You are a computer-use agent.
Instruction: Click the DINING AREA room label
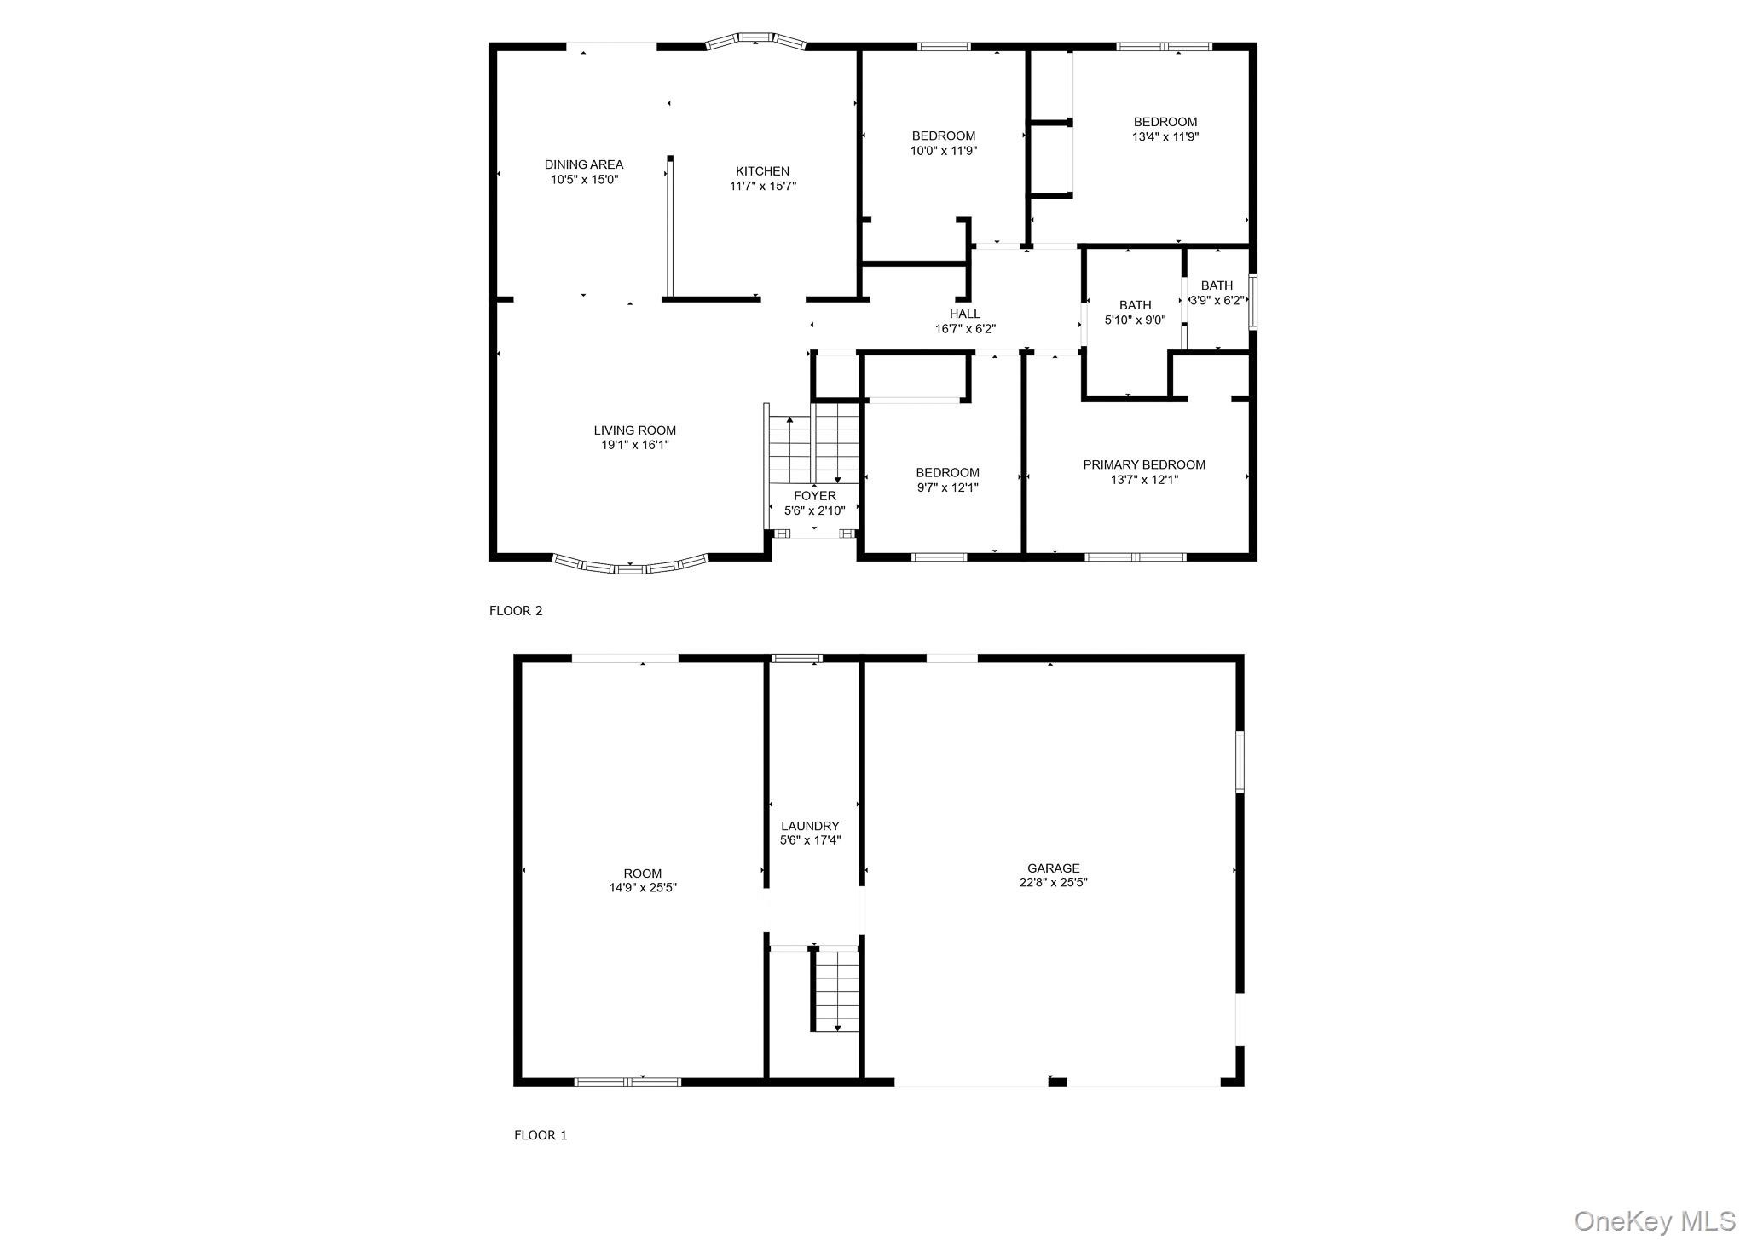(x=584, y=164)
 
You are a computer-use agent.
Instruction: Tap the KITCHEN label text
(x=762, y=171)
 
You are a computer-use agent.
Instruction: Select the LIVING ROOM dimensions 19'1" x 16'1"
(x=635, y=445)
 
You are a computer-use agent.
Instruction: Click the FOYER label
(x=814, y=496)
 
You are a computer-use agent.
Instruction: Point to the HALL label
(x=965, y=314)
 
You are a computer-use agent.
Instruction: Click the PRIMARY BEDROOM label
(x=1144, y=464)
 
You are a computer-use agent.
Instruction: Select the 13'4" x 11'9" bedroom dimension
(x=1165, y=136)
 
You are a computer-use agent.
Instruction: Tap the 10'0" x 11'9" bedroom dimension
(x=944, y=151)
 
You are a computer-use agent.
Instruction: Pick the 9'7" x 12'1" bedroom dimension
(x=947, y=487)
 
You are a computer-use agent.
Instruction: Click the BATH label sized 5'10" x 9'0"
(x=1135, y=305)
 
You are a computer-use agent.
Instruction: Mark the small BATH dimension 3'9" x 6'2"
(x=1217, y=300)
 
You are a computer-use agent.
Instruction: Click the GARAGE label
(x=1054, y=868)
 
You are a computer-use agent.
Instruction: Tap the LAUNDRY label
(x=810, y=826)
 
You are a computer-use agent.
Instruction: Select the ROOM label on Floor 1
(x=642, y=874)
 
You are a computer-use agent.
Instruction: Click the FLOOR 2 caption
(x=516, y=610)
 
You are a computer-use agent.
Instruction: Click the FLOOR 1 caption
(x=540, y=1135)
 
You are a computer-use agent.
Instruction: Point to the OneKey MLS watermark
(x=1655, y=1221)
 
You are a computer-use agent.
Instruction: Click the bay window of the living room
(x=630, y=566)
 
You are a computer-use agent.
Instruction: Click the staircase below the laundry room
(x=836, y=991)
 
